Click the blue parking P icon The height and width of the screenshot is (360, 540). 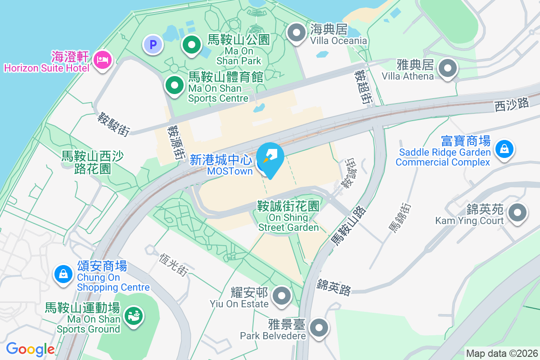pos(153,45)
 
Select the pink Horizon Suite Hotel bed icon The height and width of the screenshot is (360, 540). pos(103,60)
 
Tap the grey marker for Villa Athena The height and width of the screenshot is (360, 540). pos(448,69)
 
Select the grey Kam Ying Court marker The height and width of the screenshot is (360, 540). pos(517,212)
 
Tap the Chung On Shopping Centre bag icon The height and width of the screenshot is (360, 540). pos(63,273)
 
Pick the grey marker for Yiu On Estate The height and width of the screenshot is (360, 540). pos(282,296)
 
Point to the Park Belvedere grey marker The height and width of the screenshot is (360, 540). pos(319,327)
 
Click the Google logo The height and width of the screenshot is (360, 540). pos(30,349)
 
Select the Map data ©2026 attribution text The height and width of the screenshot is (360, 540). pos(501,354)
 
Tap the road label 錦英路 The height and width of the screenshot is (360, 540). pos(333,288)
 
